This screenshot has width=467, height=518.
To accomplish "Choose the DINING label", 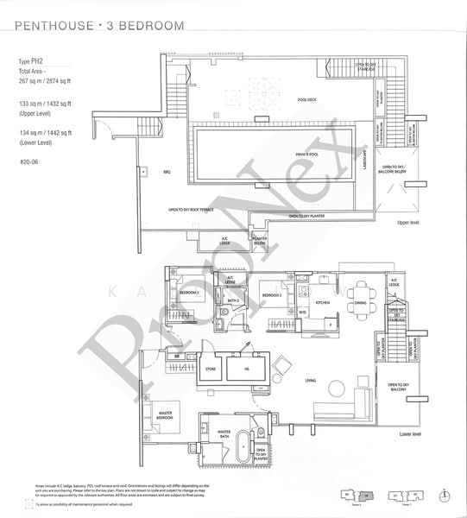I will [361, 304].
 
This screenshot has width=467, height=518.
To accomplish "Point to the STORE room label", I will [209, 369].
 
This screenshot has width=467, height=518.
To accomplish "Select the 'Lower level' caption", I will [409, 434].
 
